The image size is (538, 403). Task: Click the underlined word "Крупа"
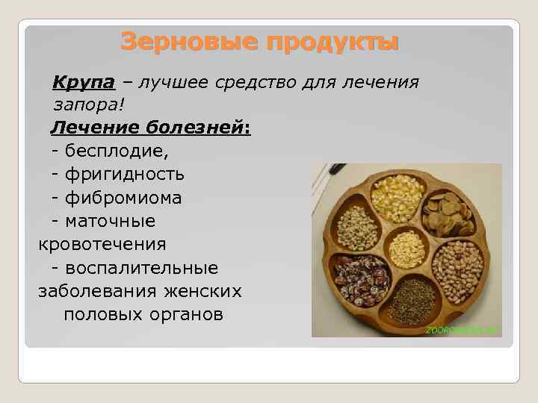coord(81,81)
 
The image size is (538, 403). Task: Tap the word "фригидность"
coord(124,174)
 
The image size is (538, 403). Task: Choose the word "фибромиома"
coord(123,198)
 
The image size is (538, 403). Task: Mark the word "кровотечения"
coord(102,244)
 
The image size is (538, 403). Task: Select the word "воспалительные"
coord(141,267)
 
